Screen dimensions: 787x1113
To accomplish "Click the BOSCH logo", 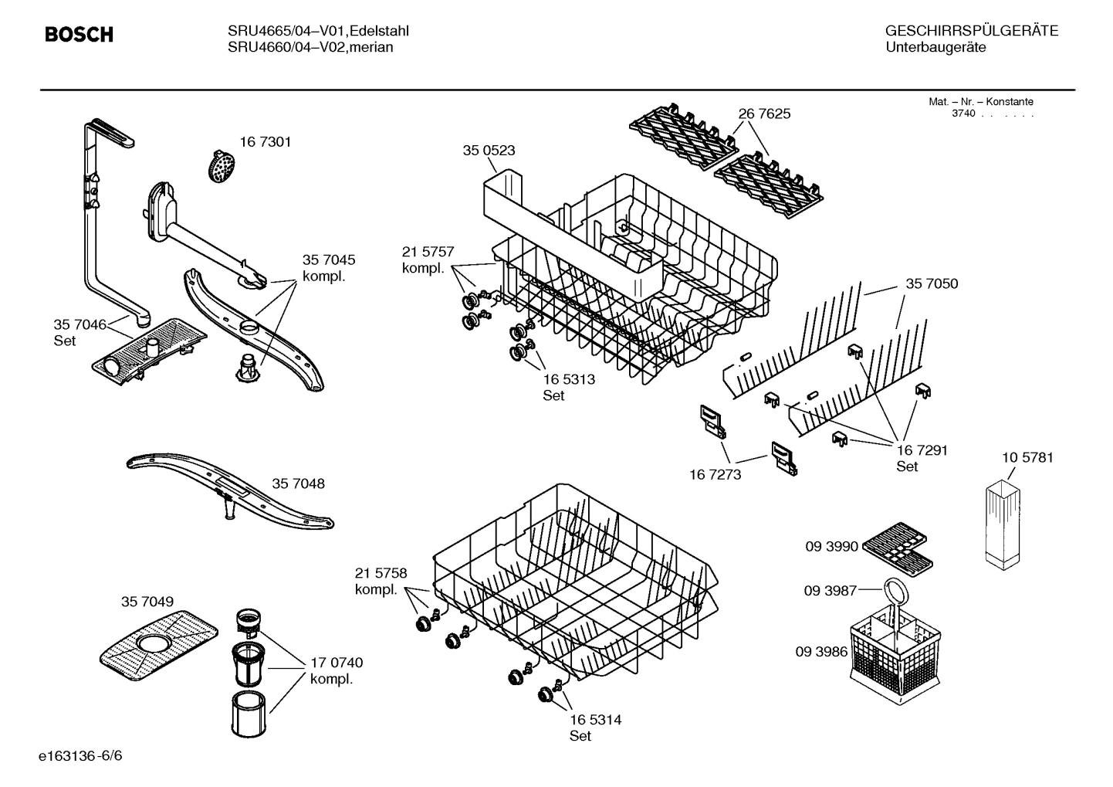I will click(x=79, y=35).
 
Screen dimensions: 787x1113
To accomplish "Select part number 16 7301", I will click(x=265, y=142).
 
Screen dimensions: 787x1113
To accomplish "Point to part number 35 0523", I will click(x=489, y=151).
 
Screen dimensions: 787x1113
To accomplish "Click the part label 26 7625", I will click(x=764, y=114).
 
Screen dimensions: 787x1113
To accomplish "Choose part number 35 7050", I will click(x=932, y=283).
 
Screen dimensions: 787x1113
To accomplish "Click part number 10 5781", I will click(x=1027, y=457).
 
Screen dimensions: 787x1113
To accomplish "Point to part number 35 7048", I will click(x=298, y=483).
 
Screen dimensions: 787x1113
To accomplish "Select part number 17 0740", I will click(x=336, y=663).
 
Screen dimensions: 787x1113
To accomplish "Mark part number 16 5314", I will click(x=595, y=720).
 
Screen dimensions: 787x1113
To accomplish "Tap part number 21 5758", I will click(x=381, y=573).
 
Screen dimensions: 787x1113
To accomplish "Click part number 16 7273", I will click(x=715, y=474).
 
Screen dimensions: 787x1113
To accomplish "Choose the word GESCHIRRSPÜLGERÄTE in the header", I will click(x=972, y=31).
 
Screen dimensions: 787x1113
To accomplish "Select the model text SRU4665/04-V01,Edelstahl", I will click(x=318, y=31).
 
